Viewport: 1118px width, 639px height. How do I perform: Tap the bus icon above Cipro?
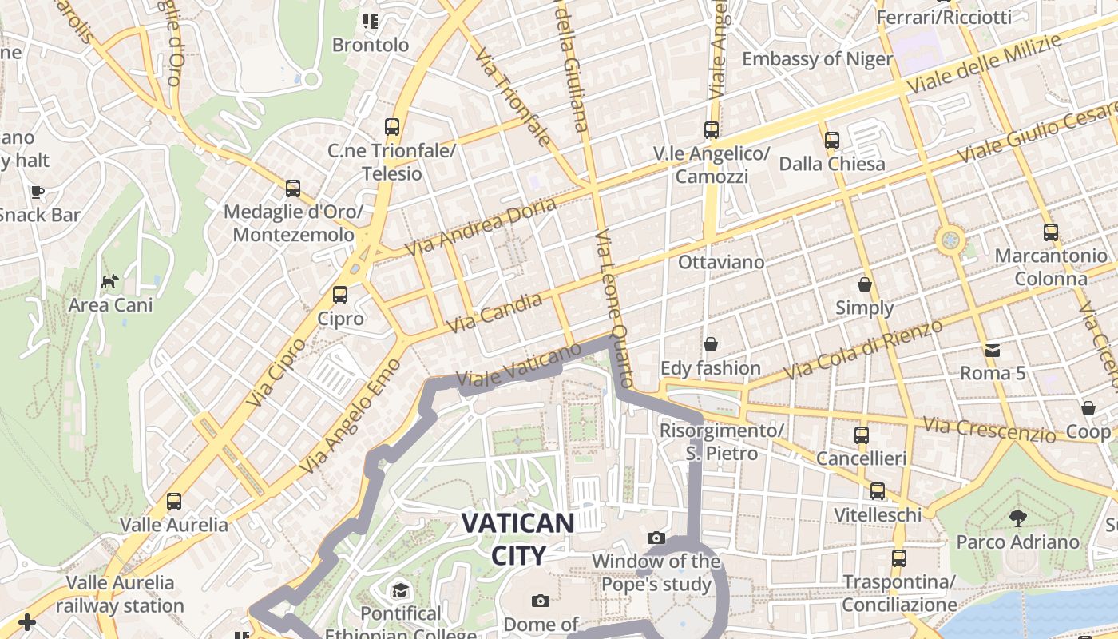340,295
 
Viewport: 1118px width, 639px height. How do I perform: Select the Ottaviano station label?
720,262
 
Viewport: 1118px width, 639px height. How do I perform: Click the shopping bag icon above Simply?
864,284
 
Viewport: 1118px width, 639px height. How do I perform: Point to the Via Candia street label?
495,313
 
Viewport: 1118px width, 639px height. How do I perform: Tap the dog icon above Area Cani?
110,281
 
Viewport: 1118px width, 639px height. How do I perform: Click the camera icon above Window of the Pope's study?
656,538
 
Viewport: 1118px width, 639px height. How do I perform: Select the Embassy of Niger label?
817,59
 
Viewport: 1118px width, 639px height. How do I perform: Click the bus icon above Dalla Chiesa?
831,141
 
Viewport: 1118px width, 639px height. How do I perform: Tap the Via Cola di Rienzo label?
863,350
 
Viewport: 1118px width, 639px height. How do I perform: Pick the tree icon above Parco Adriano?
1017,518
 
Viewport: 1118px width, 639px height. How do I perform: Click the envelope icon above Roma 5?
992,350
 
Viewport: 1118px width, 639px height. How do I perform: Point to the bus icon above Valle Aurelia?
173,502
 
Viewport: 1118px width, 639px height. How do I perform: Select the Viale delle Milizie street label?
984,63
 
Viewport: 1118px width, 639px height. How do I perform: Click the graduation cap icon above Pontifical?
399,590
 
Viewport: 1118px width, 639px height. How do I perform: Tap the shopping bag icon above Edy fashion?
710,344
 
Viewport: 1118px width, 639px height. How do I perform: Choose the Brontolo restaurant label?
371,45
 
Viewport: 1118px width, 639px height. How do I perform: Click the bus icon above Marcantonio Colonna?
1050,232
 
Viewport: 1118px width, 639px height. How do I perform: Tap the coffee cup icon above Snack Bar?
37,192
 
